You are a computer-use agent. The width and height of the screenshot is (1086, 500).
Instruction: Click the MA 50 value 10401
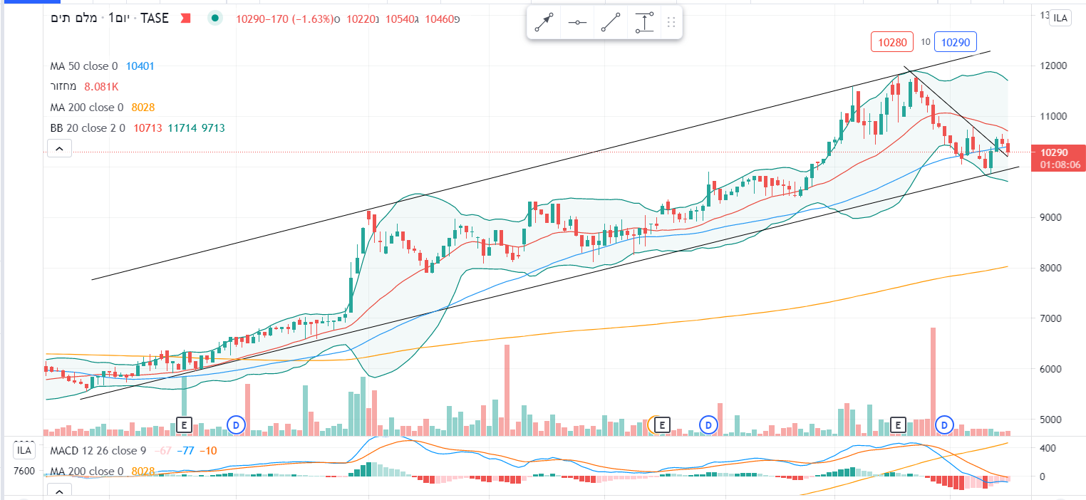140,66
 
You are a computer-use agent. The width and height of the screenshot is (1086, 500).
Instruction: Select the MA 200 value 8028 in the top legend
143,108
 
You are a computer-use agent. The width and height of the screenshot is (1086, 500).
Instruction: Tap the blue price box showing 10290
955,43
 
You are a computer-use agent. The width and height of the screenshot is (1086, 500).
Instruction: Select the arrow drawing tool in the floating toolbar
544,23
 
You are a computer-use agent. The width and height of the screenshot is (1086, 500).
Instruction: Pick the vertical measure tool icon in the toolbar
644,23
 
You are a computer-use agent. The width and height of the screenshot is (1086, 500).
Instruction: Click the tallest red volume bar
933,381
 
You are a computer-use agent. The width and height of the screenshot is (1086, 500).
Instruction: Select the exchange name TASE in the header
154,19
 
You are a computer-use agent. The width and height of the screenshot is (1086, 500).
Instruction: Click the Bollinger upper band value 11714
182,128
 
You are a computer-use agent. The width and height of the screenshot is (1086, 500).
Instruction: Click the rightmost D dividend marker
944,425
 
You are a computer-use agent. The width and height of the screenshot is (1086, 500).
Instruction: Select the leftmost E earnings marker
184,425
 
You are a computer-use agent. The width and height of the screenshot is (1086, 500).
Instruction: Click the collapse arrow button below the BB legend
59,148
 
